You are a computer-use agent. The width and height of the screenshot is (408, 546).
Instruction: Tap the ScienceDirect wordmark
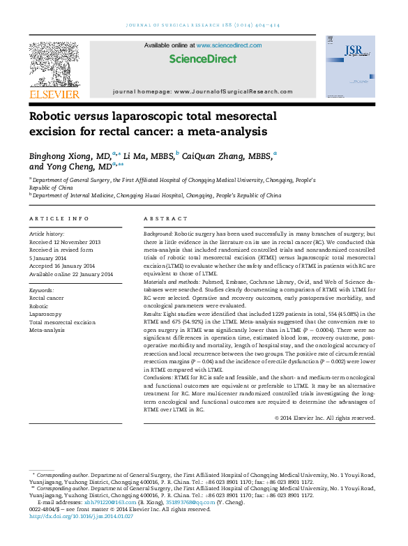click(x=203, y=59)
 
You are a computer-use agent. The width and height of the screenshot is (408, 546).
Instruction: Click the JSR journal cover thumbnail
click(x=349, y=66)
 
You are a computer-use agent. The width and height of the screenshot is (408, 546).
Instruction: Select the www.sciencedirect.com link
click(x=229, y=45)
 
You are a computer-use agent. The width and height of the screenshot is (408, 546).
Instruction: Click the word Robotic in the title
click(x=50, y=116)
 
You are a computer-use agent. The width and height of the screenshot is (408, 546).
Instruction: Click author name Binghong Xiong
click(x=61, y=155)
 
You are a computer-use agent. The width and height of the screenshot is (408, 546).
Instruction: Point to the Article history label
click(x=46, y=234)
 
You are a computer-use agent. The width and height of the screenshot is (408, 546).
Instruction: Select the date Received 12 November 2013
click(x=65, y=242)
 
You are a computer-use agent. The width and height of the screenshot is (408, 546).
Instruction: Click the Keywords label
click(x=41, y=290)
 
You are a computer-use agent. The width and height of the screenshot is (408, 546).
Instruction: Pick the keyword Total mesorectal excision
click(x=62, y=323)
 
